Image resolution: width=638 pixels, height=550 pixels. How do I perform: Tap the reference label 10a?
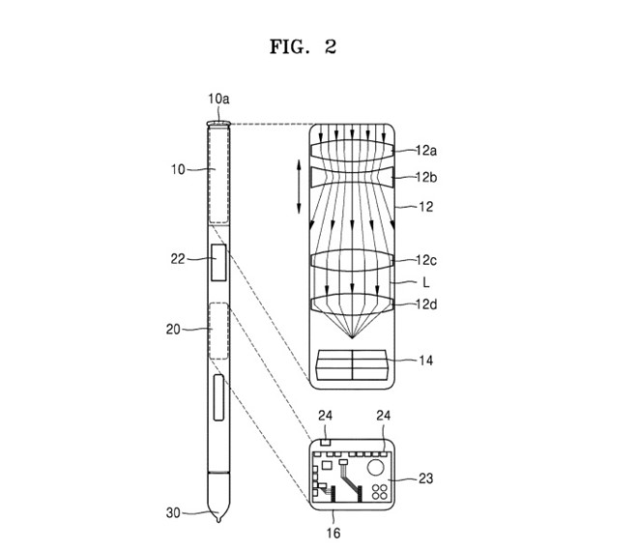point(218,99)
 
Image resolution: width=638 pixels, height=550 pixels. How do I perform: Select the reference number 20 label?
point(175,329)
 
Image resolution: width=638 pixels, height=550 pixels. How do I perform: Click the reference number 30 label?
point(175,512)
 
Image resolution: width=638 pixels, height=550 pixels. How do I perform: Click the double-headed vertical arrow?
point(299,188)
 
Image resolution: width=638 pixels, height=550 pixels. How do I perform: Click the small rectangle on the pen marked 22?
point(219,264)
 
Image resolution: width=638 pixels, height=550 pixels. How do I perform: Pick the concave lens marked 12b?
point(351,177)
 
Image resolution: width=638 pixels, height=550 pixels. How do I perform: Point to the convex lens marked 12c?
point(351,259)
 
